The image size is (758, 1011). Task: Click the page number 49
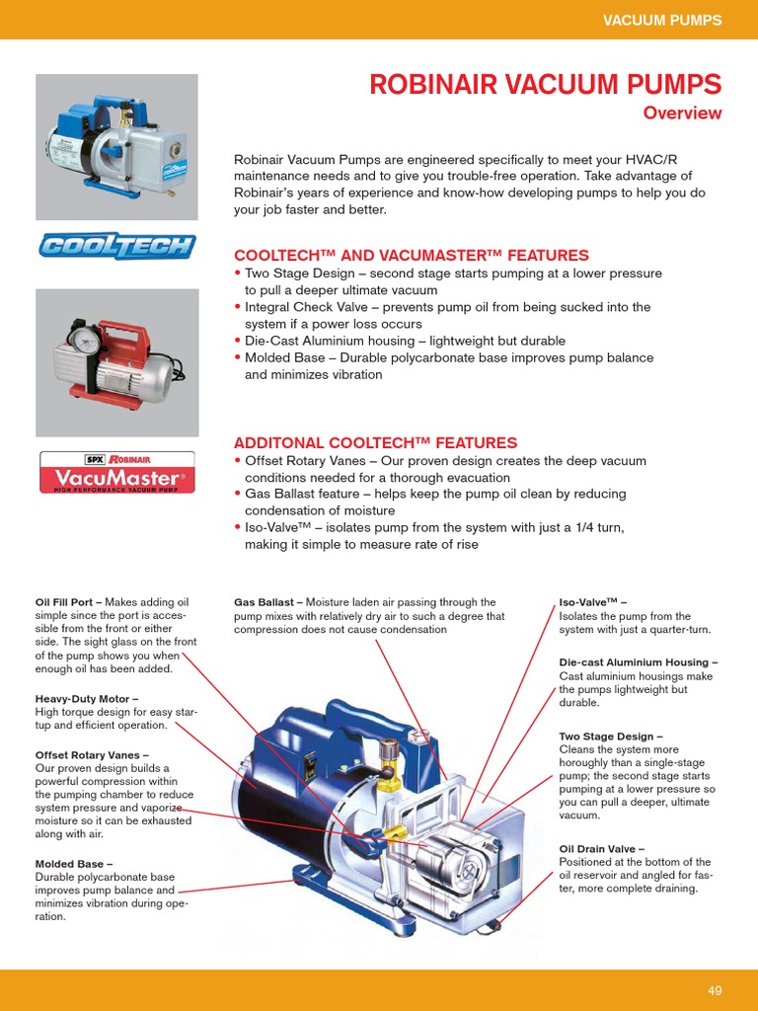click(716, 990)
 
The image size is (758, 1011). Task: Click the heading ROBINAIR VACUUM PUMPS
click(545, 84)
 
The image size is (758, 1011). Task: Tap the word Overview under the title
click(682, 113)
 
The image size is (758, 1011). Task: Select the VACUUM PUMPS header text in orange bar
click(662, 20)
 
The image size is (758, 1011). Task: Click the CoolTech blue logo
click(116, 246)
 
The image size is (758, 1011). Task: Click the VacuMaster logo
click(116, 472)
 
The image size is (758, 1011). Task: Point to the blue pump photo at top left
click(115, 146)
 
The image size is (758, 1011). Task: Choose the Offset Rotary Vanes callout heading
click(92, 754)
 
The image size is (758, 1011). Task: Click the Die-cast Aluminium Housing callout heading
click(638, 662)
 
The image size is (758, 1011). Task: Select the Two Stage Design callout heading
click(610, 737)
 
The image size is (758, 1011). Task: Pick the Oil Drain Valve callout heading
click(601, 848)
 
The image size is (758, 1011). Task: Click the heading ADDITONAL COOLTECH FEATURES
click(375, 443)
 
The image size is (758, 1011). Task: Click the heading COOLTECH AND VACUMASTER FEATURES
click(411, 255)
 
